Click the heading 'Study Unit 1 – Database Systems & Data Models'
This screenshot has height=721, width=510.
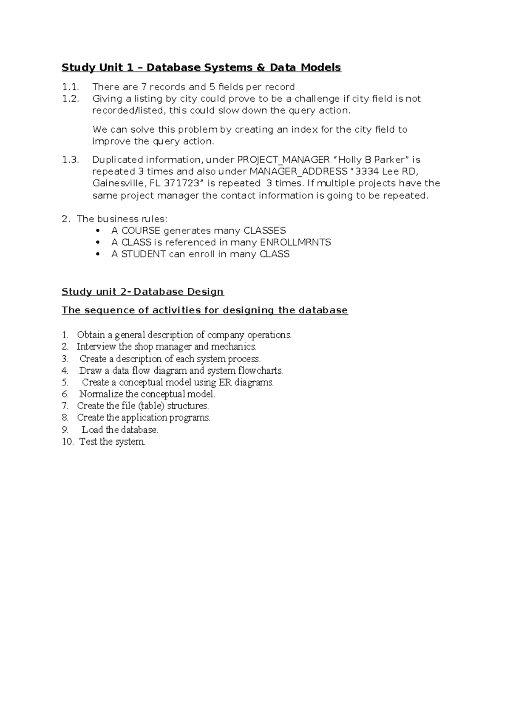click(x=201, y=68)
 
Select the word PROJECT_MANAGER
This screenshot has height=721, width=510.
click(x=283, y=160)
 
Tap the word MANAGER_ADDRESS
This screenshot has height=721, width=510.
click(x=298, y=172)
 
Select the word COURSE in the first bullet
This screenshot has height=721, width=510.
click(x=141, y=231)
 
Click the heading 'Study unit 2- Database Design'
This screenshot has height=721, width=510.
click(x=142, y=292)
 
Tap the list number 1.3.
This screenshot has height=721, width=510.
click(x=70, y=160)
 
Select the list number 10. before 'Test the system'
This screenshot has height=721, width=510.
click(x=68, y=442)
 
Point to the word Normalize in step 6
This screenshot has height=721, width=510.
click(x=101, y=394)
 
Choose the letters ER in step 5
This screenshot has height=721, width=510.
click(x=224, y=382)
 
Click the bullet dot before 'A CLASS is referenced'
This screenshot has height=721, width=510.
click(x=98, y=243)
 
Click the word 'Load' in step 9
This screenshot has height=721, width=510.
click(x=92, y=430)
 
